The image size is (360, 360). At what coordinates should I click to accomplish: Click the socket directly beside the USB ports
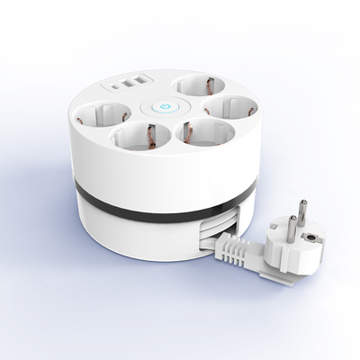[199, 86]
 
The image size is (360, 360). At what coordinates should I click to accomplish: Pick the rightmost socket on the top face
[226, 110]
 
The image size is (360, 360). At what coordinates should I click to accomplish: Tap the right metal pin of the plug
[303, 213]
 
